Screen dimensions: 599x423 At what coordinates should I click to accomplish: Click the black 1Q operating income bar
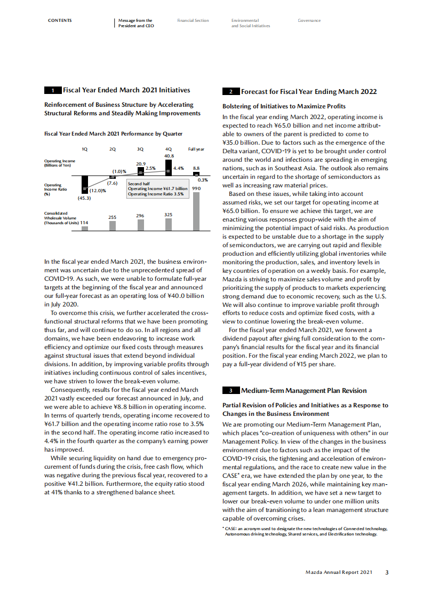tap(84, 184)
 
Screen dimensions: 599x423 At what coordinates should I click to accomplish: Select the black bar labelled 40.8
tap(169, 168)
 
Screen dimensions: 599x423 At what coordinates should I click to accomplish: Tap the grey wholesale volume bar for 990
tap(196, 211)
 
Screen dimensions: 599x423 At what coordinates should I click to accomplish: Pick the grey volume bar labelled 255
tap(112, 226)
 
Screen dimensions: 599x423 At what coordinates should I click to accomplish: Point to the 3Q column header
tap(140, 149)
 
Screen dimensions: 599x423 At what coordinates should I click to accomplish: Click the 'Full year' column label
tap(196, 149)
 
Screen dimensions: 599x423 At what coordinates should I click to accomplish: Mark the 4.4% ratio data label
tap(179, 168)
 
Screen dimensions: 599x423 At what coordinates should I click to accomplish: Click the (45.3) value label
tap(84, 198)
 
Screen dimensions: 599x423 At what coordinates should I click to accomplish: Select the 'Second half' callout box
tap(157, 189)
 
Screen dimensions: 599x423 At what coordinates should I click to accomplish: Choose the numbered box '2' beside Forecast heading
tap(230, 92)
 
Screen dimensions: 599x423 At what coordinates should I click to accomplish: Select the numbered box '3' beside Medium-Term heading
tap(230, 391)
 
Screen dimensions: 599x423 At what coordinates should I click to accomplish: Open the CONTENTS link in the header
tap(60, 21)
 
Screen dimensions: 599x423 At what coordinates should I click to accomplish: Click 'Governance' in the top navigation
tap(309, 21)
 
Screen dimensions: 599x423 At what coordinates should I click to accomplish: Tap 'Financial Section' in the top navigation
tap(193, 21)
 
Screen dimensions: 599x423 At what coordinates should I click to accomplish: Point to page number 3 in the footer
tap(387, 572)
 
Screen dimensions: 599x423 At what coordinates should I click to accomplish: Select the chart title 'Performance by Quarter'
tap(113, 133)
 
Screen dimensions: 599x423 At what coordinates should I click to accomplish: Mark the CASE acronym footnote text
tap(305, 531)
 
